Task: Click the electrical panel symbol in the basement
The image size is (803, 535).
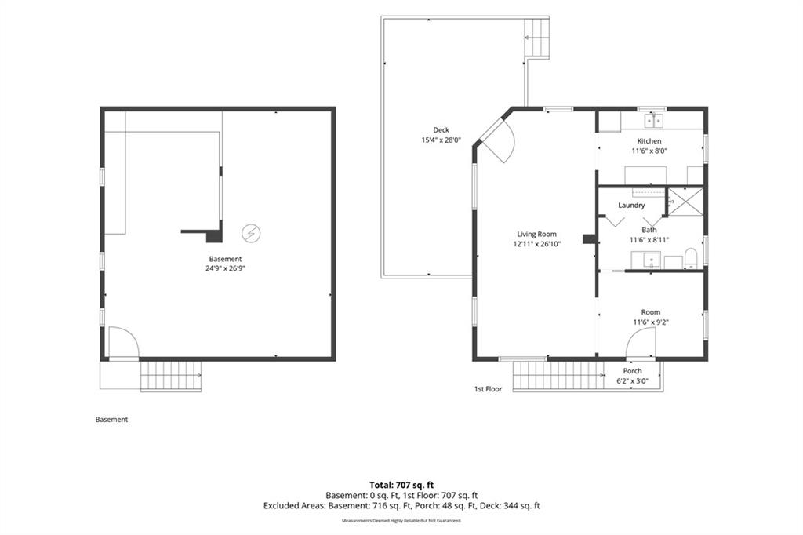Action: click(x=251, y=234)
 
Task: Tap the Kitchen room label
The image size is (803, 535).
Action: click(x=649, y=141)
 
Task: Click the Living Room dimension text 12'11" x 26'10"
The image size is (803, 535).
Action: click(x=536, y=245)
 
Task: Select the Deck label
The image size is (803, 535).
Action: click(x=441, y=130)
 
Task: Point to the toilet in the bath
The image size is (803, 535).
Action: click(x=691, y=258)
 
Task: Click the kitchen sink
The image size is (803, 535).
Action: click(x=653, y=121)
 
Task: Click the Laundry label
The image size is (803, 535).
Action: click(x=631, y=206)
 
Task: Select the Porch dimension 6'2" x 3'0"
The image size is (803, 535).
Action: click(x=633, y=380)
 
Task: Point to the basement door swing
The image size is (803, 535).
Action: click(x=123, y=342)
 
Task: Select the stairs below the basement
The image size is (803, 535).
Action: click(x=171, y=376)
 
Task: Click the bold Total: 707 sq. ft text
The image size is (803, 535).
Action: click(x=401, y=485)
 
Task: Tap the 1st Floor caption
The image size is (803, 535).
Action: click(x=488, y=389)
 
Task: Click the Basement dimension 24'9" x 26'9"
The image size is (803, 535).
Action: click(x=225, y=268)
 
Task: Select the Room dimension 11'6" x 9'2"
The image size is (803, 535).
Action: click(x=651, y=322)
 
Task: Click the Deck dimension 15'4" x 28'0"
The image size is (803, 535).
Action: click(x=441, y=140)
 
